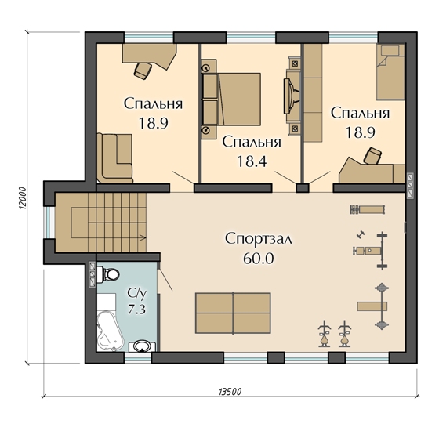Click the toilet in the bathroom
click(109, 273)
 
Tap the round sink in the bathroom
click(142, 346)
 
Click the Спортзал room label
click(259, 239)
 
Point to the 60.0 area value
click(259, 259)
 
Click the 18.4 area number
click(252, 161)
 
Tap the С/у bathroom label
click(137, 294)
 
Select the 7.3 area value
click(136, 310)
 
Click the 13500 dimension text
click(230, 392)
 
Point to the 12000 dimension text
click(23, 198)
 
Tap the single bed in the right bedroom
click(390, 72)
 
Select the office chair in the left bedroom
click(143, 71)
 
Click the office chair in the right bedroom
click(372, 156)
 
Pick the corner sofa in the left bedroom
click(114, 158)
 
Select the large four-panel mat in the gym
click(233, 313)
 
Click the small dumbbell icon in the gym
click(359, 234)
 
